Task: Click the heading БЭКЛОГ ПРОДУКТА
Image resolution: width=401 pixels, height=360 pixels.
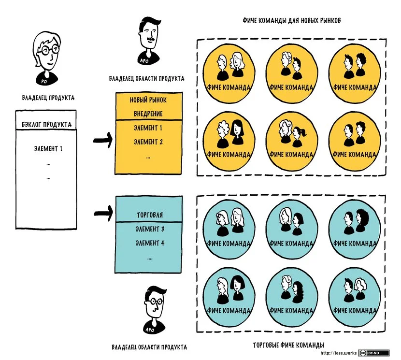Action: point(46,125)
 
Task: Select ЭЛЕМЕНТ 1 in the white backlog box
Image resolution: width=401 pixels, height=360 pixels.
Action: point(48,148)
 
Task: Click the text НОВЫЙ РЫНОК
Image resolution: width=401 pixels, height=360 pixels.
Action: point(148,100)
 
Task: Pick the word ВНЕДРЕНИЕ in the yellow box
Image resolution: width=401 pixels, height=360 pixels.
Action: point(148,114)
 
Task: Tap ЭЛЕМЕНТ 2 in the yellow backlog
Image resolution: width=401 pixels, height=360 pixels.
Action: point(148,142)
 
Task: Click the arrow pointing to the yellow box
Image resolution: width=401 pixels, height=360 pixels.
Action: point(102,141)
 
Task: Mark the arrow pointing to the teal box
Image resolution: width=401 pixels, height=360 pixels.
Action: point(102,213)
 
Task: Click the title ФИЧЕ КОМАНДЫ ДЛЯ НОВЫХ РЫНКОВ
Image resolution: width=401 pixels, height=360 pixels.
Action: point(292,22)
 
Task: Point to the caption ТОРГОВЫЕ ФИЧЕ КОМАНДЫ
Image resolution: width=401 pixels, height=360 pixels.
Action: point(288,345)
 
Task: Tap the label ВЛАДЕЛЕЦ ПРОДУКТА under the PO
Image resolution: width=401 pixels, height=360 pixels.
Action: point(48,98)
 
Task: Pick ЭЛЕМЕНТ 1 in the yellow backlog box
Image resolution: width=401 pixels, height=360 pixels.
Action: point(148,128)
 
